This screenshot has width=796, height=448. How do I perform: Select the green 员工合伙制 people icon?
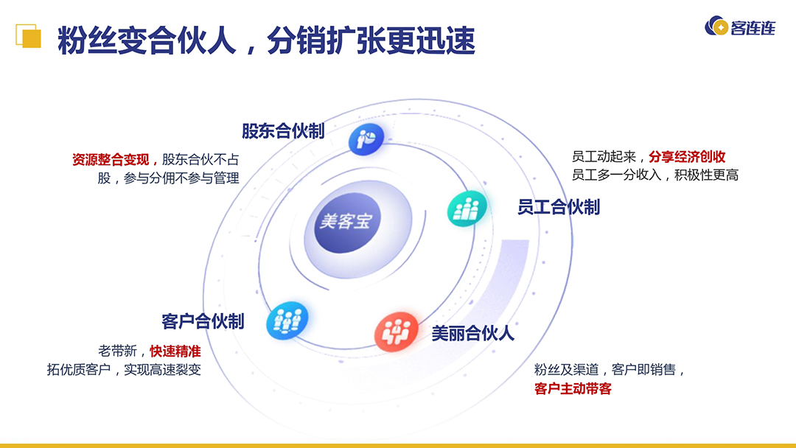point(467,209)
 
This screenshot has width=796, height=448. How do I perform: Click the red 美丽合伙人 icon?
point(395,332)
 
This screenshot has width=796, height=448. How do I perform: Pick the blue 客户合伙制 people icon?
point(286,321)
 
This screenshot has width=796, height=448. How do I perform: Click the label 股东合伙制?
point(283,131)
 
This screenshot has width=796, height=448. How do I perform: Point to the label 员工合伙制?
point(558,207)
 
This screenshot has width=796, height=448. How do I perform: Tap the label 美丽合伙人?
point(472,333)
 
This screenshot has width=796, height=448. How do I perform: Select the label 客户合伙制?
point(203,321)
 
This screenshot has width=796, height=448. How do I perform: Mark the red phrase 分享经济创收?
point(687,157)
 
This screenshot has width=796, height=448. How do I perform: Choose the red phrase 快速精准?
point(175,351)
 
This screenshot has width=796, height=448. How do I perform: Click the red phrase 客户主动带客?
point(573,388)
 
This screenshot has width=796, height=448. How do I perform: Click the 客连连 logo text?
point(752,28)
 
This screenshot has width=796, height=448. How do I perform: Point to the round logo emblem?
point(716,27)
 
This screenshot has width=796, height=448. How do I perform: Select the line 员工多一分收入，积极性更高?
point(654,175)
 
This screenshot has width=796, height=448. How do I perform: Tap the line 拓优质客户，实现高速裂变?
point(124,370)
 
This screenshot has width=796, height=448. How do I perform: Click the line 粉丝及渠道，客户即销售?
point(610,370)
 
